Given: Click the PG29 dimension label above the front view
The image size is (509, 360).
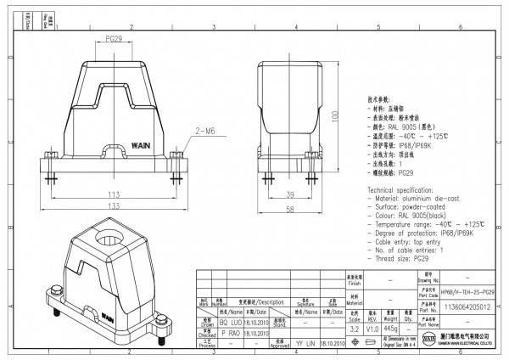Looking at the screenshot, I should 117,40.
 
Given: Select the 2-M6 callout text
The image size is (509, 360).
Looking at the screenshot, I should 206,132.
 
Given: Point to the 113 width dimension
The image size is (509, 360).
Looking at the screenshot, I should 113,194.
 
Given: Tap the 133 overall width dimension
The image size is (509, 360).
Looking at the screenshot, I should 113,205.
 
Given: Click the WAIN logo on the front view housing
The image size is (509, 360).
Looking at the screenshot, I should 119,145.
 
